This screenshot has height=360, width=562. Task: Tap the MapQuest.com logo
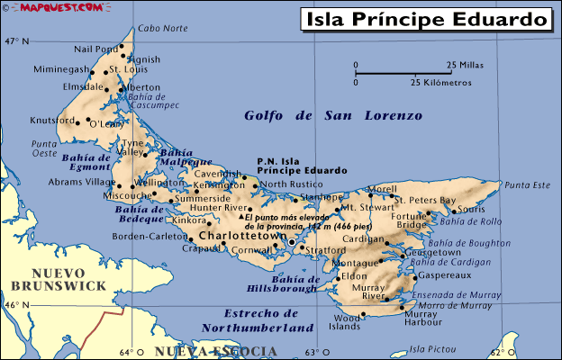[x=40, y=7]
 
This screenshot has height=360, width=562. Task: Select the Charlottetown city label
[x=236, y=237]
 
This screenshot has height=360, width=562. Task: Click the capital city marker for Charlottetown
[x=291, y=242]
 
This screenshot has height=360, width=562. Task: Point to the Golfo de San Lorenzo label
[x=333, y=115]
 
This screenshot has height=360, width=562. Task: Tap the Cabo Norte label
[x=163, y=29]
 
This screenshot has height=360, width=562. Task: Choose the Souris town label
[x=471, y=209]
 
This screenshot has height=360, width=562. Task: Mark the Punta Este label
[x=527, y=185]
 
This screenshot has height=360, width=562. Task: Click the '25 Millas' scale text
[x=464, y=65]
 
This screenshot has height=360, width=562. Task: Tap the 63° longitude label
[x=312, y=352]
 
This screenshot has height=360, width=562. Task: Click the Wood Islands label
[x=346, y=323]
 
